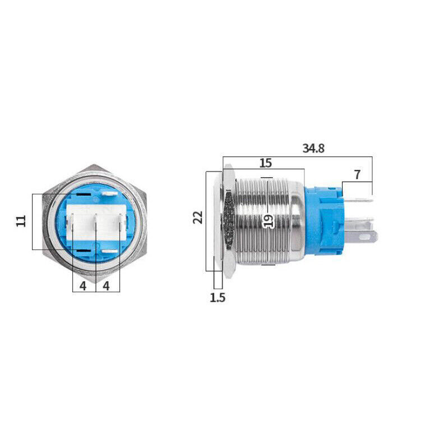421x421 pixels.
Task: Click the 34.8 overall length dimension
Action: [x=313, y=149]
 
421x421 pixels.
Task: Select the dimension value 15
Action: [x=266, y=163]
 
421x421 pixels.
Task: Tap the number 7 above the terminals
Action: [x=357, y=174]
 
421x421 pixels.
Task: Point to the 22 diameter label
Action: [x=198, y=217]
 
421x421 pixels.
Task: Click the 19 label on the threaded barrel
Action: [x=269, y=220]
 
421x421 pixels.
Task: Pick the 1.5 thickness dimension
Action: [x=218, y=297]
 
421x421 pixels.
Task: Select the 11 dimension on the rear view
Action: [x=21, y=220]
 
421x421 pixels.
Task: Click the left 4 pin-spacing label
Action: [x=82, y=286]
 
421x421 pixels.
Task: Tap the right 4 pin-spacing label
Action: [x=108, y=286]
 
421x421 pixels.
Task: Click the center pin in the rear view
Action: [x=96, y=223]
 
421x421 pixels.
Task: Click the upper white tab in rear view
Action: [x=109, y=195]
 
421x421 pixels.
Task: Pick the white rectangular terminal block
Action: [x=96, y=223]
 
